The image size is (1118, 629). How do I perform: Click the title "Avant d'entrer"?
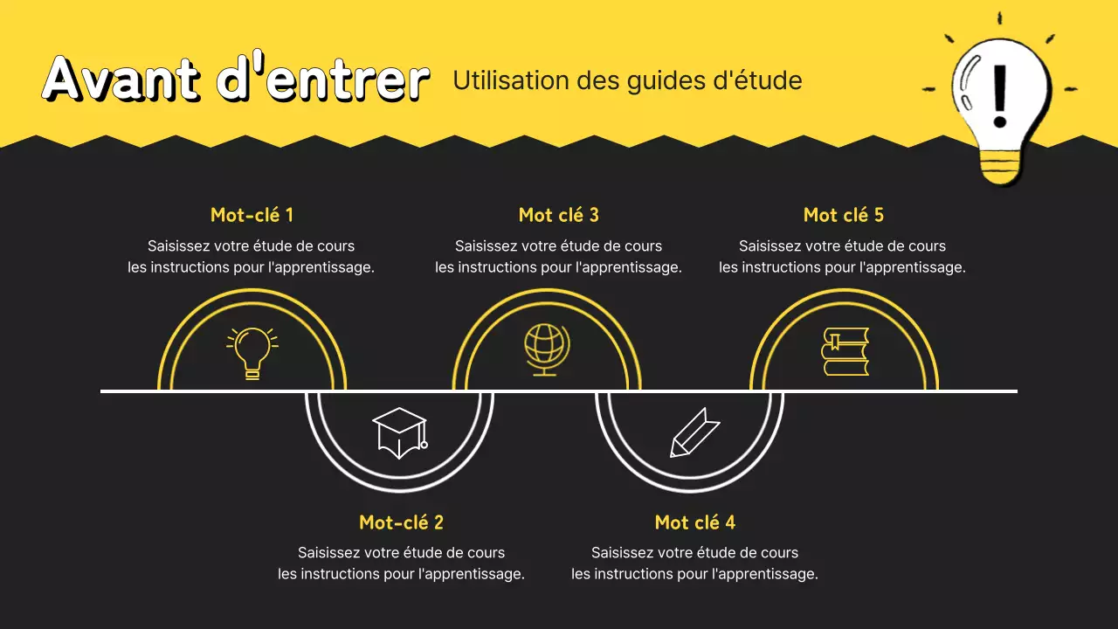coord(236,79)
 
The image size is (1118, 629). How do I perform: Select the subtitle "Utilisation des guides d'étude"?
coord(627,80)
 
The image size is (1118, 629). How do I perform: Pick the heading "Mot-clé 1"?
coord(252,215)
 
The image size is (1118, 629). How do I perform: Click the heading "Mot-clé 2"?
coord(401,522)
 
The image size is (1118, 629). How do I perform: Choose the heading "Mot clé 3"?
coord(558,215)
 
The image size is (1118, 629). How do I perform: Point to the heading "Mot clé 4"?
coord(694,522)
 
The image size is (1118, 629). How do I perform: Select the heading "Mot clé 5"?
coord(843,215)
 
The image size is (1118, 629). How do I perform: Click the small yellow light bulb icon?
coord(252,352)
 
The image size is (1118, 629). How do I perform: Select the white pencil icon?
coord(694,432)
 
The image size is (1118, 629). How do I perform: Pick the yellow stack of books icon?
coord(845,351)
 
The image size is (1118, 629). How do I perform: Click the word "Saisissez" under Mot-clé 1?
coord(178,246)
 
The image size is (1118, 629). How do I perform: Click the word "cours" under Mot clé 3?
coord(643,246)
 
